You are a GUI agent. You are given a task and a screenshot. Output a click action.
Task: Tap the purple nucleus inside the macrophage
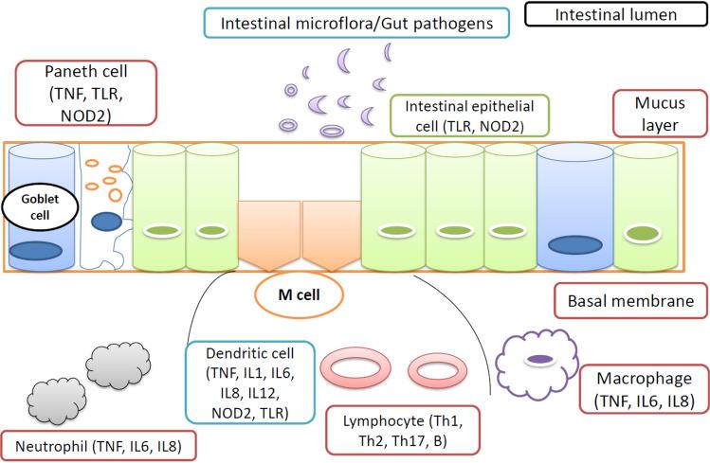tap(539, 358)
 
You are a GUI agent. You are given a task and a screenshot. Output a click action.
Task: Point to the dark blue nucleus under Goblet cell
tap(37, 251)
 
